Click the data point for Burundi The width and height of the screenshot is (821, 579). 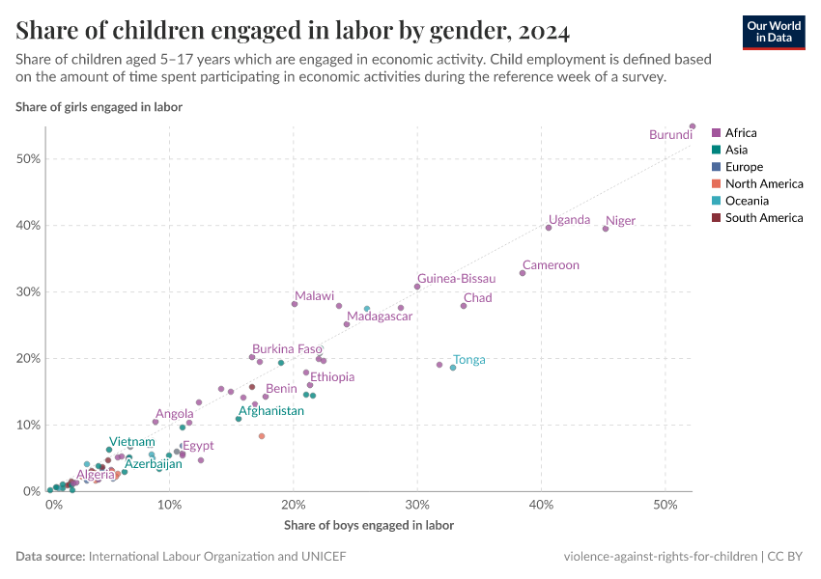[693, 126]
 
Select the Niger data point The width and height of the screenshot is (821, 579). [606, 229]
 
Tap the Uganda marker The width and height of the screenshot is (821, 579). [549, 228]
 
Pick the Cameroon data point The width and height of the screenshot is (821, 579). [523, 273]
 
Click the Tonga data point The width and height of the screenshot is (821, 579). [452, 368]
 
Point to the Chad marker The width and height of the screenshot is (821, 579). [464, 306]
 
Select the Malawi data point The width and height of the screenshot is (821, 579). [295, 304]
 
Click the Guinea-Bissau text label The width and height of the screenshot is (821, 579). [456, 279]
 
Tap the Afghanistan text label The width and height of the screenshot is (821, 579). [271, 411]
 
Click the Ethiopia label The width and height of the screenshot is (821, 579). [332, 377]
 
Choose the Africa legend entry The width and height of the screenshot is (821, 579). [741, 133]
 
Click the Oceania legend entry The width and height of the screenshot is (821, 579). [747, 201]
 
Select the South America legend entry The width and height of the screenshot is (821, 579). [763, 218]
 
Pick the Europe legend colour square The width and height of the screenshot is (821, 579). [716, 167]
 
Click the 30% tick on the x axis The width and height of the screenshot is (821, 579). [417, 506]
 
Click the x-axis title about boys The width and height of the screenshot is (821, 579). [369, 526]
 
